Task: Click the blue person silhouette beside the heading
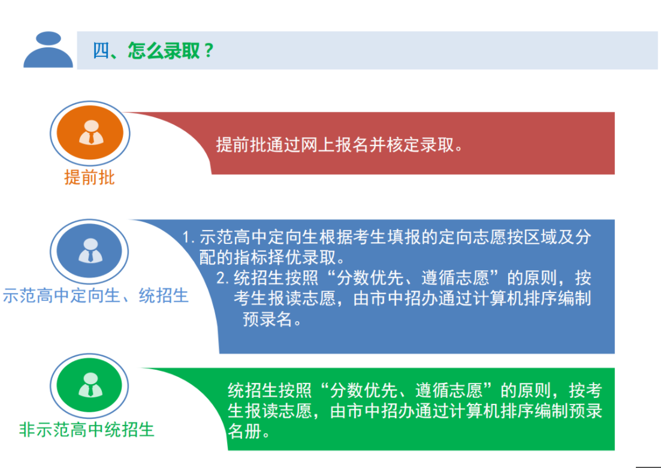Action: (48, 49)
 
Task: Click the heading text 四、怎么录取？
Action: (153, 50)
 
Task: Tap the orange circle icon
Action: (90, 133)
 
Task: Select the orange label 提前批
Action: (89, 177)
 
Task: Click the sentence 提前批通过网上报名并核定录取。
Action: (339, 144)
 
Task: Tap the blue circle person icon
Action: (90, 251)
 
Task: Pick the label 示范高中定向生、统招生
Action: (95, 295)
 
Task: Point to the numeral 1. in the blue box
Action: (188, 237)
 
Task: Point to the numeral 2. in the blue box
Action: (223, 278)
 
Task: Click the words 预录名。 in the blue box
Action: (272, 319)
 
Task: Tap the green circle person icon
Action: (90, 385)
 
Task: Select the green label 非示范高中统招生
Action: (87, 430)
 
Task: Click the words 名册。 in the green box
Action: (249, 431)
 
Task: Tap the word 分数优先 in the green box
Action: (364, 391)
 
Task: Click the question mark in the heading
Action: (209, 51)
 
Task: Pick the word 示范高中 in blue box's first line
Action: (234, 237)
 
